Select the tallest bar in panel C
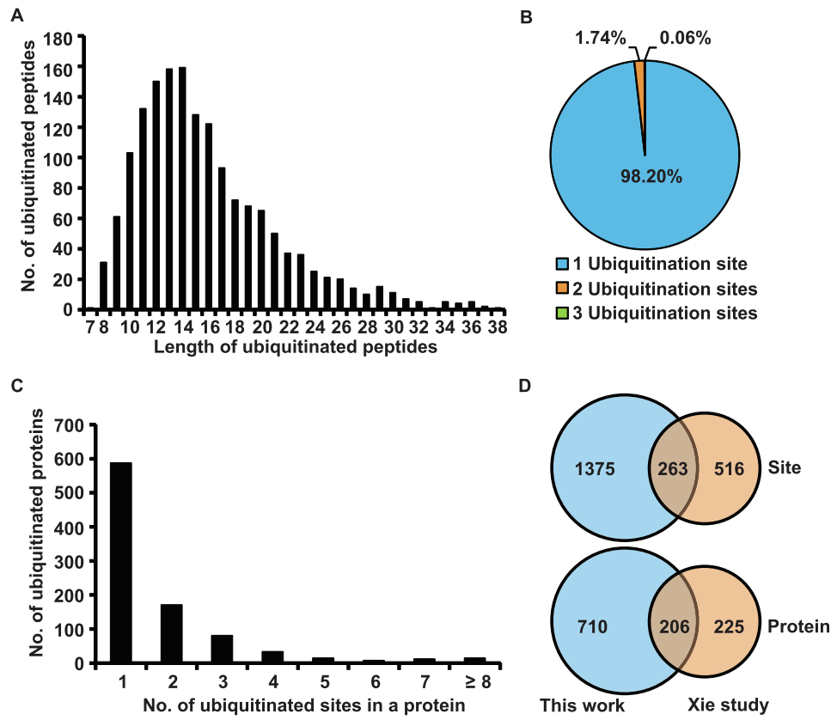click(120, 562)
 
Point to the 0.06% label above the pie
click(685, 38)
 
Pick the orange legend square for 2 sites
click(563, 288)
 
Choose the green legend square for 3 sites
click(563, 313)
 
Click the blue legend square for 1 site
click(563, 264)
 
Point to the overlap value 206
click(673, 626)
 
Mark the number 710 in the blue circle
click(593, 626)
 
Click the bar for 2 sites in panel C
click(171, 633)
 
